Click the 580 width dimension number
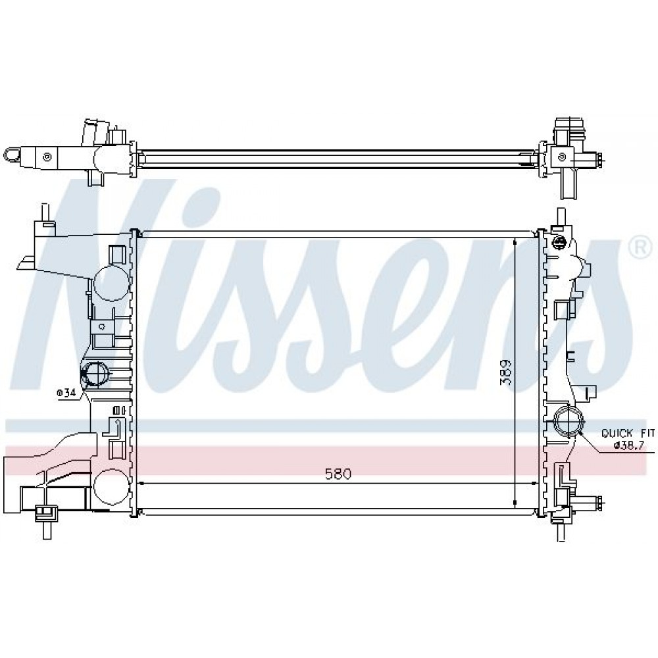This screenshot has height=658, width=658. pos(338,474)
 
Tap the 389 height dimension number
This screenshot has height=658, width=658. pos(505,372)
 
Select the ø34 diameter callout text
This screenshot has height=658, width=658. pos(66,393)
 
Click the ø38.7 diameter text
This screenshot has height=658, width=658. pos(628,445)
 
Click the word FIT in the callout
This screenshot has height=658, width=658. pos(646,433)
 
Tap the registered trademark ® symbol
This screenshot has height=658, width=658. pos(640,249)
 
